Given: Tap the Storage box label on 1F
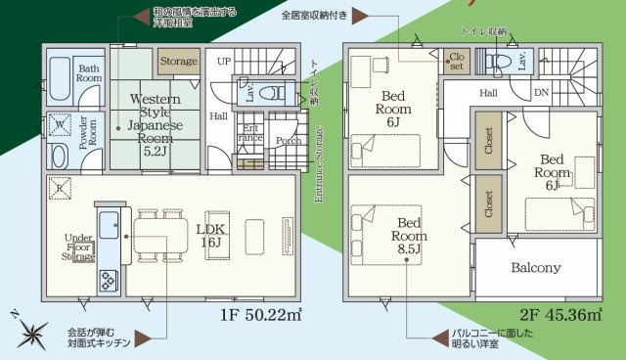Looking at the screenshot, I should (178, 61).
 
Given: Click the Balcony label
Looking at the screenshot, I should (535, 267).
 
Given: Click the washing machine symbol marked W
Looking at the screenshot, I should (60, 125).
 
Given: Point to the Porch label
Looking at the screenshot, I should (289, 139).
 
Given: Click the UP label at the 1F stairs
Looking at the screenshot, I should (224, 61).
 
